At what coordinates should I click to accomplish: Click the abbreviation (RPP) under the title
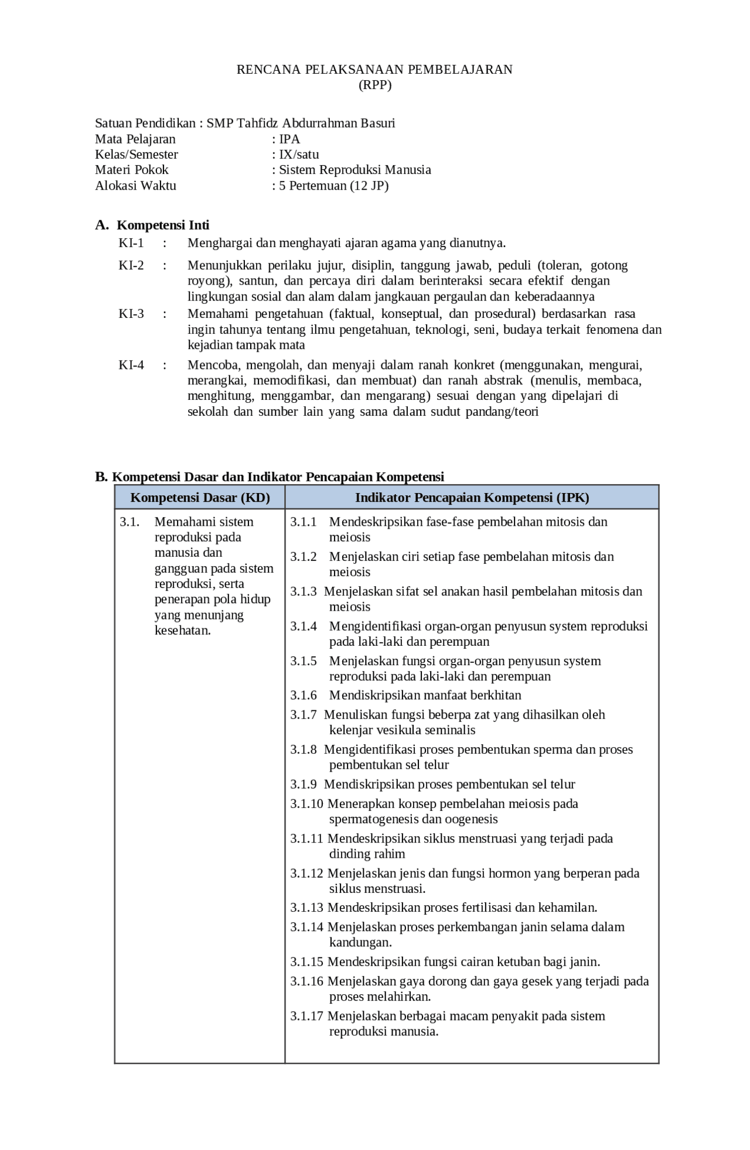pos(375,85)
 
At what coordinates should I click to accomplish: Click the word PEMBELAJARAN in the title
pos(460,70)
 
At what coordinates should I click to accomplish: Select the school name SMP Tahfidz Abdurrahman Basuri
pos(301,124)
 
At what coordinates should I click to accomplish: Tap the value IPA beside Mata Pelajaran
pos(289,139)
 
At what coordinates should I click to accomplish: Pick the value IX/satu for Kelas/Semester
pos(299,155)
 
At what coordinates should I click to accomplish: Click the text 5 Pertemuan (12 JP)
pos(333,186)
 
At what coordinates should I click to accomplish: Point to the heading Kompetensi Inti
pos(163,225)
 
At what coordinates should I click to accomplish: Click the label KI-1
pos(131,243)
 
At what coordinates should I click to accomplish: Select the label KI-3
pos(131,314)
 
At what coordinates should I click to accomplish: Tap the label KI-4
pos(131,365)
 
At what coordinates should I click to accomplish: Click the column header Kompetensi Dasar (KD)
pos(200,498)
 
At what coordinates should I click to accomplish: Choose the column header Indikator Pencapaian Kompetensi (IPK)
pos(472,498)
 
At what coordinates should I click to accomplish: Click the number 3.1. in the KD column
pos(129,522)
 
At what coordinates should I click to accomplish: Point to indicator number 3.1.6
pos(304,696)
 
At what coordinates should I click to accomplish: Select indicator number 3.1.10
pos(306,804)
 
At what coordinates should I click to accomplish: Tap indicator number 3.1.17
pos(306,1016)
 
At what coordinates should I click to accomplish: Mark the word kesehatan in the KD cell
pos(182,631)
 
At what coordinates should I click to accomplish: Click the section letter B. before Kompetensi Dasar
pos(101,477)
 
